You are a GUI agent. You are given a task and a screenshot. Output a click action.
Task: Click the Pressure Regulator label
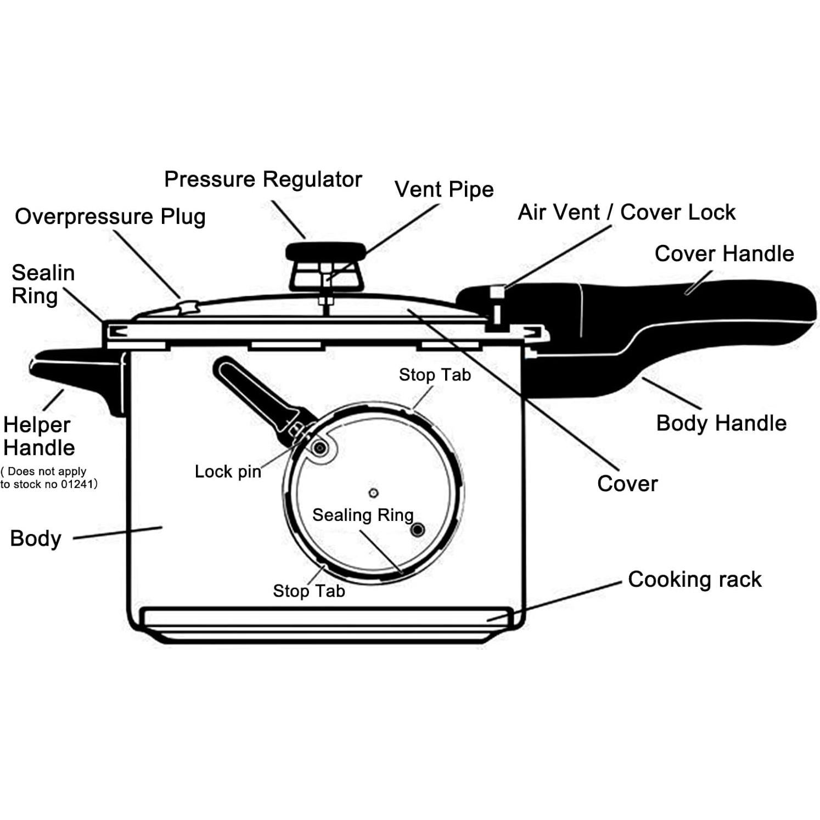coord(263,180)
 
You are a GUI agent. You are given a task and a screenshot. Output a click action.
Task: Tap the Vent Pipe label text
coord(443,190)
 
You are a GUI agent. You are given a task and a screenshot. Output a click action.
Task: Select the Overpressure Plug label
coord(110,217)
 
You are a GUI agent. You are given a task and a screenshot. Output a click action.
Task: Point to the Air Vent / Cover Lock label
coord(626,212)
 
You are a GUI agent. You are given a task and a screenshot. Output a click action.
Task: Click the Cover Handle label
coord(724,254)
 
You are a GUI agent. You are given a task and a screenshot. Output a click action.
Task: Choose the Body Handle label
coord(721,423)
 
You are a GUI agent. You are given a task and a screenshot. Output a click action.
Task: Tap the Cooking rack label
coord(694,580)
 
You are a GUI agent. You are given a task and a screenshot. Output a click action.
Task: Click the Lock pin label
coord(228,471)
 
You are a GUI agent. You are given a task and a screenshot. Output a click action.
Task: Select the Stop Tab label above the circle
coord(435,375)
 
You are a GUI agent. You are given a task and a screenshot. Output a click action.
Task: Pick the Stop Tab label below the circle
coord(308,591)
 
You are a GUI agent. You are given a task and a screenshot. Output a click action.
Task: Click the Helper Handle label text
coord(38,436)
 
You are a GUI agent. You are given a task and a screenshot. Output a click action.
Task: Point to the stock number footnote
coord(48,478)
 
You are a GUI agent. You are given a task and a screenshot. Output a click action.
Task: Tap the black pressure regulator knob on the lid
coord(325,253)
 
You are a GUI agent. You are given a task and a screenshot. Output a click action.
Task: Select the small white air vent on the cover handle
coord(497,291)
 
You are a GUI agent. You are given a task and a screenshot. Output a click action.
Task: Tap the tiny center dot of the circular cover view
coord(373,492)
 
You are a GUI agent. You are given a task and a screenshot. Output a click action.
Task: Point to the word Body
coord(36,538)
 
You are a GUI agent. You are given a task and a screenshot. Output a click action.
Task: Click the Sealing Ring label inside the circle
coord(362,515)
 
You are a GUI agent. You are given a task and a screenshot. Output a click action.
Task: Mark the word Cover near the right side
coord(627,484)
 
